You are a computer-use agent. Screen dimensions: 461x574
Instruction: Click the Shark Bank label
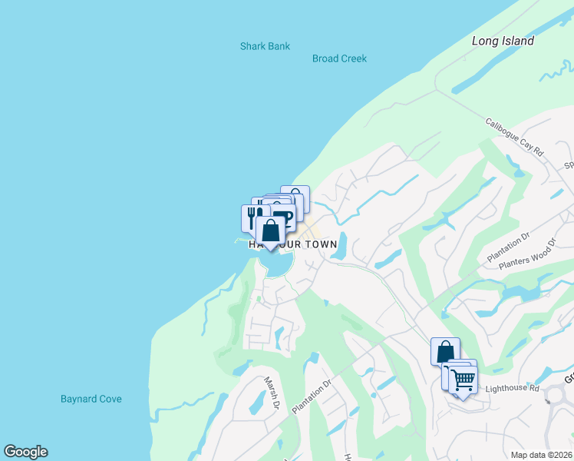[x=265, y=46]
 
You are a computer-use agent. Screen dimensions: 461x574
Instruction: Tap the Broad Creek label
[x=339, y=58]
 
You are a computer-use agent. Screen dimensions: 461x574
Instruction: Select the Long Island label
[x=503, y=41]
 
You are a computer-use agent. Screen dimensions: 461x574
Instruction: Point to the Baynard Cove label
[x=91, y=399]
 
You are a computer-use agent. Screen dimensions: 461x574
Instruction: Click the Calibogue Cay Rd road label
[x=513, y=138]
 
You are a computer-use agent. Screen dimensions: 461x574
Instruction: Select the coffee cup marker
[x=282, y=216]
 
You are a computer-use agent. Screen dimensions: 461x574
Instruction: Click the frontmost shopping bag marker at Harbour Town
[x=269, y=230]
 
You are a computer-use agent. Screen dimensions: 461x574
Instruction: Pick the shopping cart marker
[x=462, y=379]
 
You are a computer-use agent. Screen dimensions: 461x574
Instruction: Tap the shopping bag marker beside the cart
[x=445, y=352]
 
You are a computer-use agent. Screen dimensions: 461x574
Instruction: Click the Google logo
[x=25, y=452]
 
